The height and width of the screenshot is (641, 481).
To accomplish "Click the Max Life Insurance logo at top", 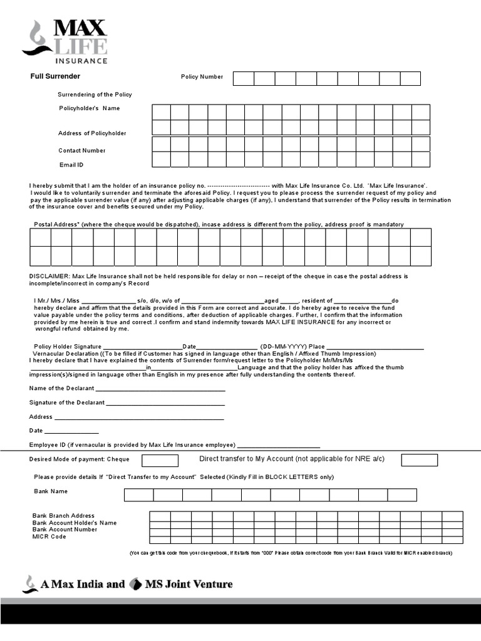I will coord(65,41).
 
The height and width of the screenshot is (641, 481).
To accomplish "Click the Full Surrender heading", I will coord(56,76).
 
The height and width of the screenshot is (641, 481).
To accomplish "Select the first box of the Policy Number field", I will coord(244,78).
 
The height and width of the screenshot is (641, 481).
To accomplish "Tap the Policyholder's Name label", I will coord(89,108).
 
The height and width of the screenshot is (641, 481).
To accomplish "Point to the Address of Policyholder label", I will coord(92,133).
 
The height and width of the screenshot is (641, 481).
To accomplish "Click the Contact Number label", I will coord(82,150).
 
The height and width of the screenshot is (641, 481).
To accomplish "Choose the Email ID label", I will coord(71,165).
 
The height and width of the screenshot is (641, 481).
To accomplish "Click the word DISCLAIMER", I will coord(49,276).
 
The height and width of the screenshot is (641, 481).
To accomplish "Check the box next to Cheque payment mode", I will coord(160,461).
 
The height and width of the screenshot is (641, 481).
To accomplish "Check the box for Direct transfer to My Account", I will coord(419,461).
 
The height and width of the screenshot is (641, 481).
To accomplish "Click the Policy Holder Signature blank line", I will coord(142,348).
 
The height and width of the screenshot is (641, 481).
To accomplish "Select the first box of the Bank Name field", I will coord(138,495).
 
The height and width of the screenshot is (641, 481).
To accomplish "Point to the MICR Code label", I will coord(49,536).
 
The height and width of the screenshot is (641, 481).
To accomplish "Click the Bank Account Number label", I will coord(65,530).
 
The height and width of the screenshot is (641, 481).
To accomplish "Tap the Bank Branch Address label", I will coord(64,516).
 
